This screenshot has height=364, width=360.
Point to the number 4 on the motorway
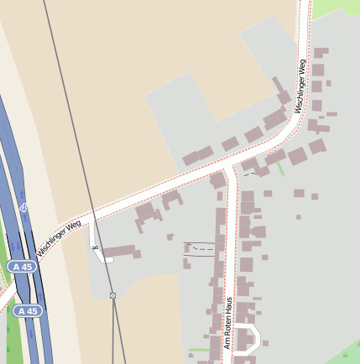coord(23,207)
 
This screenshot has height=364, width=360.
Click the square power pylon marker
coord(112,295)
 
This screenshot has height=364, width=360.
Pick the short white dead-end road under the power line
coord(95,244)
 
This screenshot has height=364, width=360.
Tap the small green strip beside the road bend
coord(280,169)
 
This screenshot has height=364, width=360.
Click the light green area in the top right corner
coord(336,7)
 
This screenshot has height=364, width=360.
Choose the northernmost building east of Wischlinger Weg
coord(321,53)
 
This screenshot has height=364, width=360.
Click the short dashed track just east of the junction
coord(250,173)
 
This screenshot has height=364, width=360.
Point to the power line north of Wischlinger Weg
coord(63,101)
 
